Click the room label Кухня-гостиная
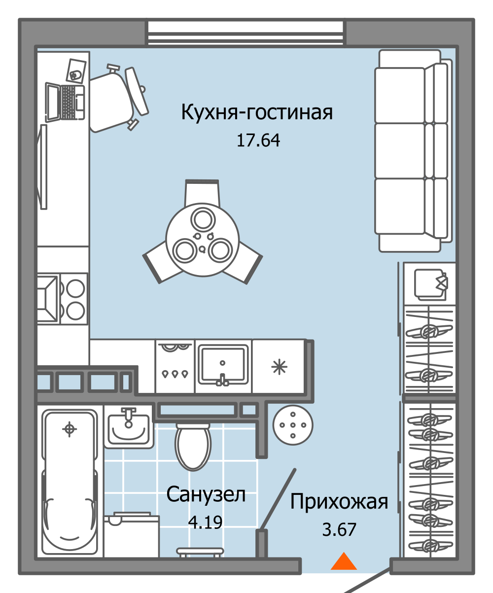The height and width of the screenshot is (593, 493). pos(257,112)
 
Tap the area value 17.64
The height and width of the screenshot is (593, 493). pos(258,141)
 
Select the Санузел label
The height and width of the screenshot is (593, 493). pos(206,494)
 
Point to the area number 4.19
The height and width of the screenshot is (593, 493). pos(206,521)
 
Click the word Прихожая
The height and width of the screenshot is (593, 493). pos(339,502)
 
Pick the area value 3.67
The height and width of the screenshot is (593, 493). pos(339,529)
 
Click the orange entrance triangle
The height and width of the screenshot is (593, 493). pos(343,562)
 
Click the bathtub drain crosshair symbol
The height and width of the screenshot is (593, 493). pos(70,429)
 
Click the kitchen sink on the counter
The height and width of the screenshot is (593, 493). pos(223,365)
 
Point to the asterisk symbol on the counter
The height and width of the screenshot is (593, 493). pos(279,367)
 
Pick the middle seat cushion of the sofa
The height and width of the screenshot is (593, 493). pos(400,150)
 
